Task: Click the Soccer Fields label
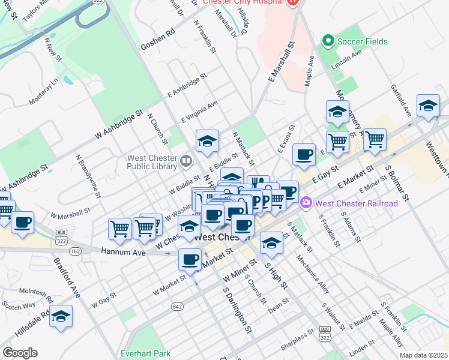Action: pyautogui.click(x=362, y=41)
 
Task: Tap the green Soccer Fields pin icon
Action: pyautogui.click(x=328, y=41)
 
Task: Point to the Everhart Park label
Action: pyautogui.click(x=145, y=353)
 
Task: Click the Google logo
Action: pyautogui.click(x=20, y=353)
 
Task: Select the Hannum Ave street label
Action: pyautogui.click(x=123, y=253)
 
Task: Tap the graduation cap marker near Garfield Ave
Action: pyautogui.click(x=428, y=106)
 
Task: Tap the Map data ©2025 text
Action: pyautogui.click(x=424, y=355)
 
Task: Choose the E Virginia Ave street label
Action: pyautogui.click(x=199, y=112)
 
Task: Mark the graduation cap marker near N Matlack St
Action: pyautogui.click(x=207, y=142)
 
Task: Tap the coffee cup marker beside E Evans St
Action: pyautogui.click(x=304, y=155)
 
